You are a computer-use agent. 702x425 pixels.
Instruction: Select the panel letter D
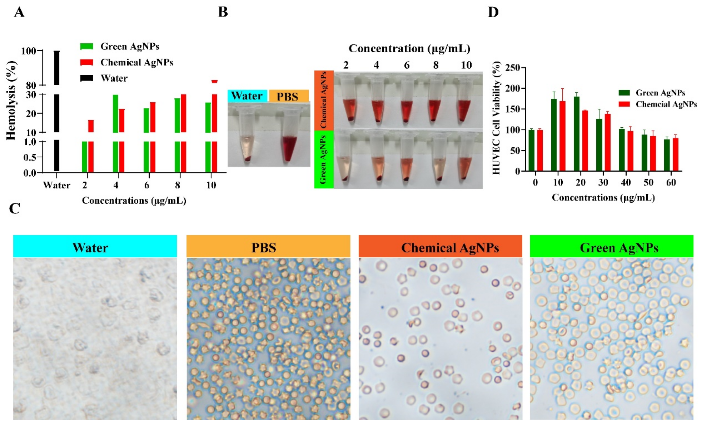click(x=493, y=12)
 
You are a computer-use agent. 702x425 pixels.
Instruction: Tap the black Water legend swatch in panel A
click(x=87, y=78)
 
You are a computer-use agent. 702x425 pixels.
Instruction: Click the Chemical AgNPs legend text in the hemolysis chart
click(x=137, y=62)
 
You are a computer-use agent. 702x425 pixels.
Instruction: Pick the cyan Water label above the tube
click(x=247, y=96)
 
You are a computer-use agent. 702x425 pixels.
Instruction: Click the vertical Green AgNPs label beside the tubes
click(x=323, y=160)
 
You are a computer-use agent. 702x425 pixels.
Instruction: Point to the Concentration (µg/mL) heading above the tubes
click(x=409, y=49)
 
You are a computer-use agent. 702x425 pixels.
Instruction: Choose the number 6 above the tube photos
click(x=407, y=65)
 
